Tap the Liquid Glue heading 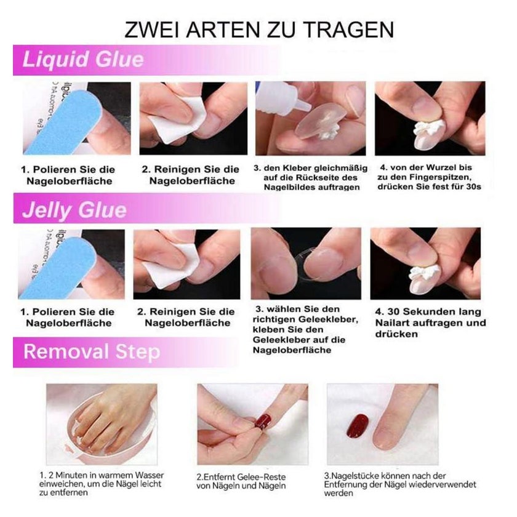[x=83, y=60]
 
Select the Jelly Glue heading [x=74, y=210]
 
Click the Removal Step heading [x=92, y=351]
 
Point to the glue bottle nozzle [x=303, y=105]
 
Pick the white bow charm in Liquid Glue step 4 [x=428, y=129]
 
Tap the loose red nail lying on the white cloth [x=358, y=426]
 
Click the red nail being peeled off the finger [x=263, y=422]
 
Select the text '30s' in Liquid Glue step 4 [x=473, y=186]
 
